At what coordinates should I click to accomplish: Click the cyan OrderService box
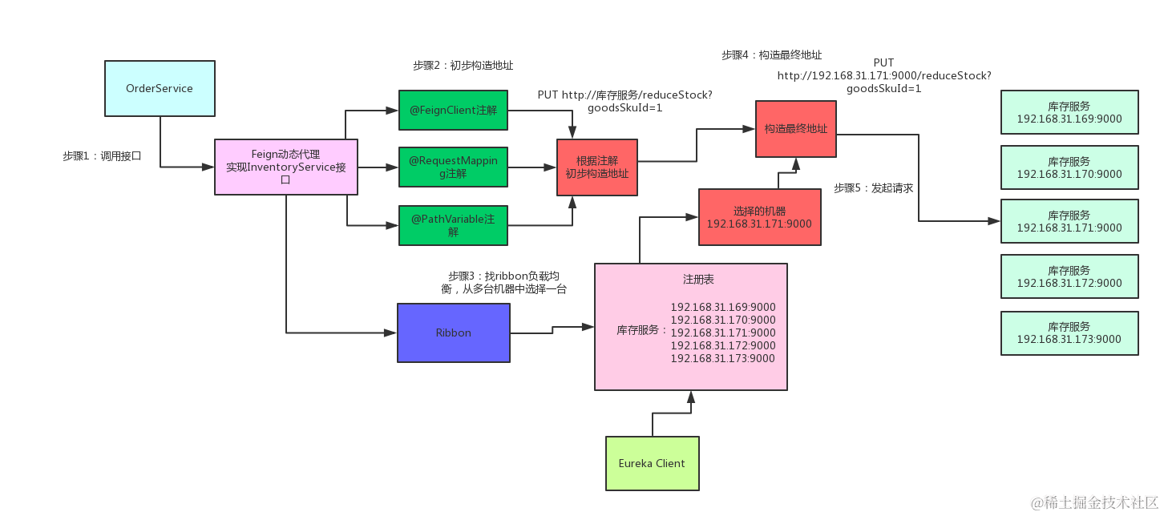pos(160,88)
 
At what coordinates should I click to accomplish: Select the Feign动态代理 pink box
pos(286,167)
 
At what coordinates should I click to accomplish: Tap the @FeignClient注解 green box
pos(453,110)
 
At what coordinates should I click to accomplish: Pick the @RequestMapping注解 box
pos(453,167)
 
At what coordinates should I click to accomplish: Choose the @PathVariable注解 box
pos(453,225)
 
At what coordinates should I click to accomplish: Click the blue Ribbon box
pos(453,333)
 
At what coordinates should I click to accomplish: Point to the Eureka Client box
pos(652,463)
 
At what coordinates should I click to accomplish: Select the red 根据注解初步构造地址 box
pos(597,167)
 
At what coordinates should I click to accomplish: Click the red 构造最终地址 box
pos(795,128)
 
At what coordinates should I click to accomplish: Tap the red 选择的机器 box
pos(759,217)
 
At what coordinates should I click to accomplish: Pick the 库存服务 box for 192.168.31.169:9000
pos(1069,112)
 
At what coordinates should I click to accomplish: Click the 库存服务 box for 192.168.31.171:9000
pos(1069,222)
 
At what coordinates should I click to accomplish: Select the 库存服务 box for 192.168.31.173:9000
pos(1069,333)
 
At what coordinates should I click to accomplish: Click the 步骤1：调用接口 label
pos(102,156)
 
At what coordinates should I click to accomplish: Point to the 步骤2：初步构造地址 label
pos(463,66)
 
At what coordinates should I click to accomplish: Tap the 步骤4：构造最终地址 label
pos(771,55)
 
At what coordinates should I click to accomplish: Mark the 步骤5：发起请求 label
pos(873,188)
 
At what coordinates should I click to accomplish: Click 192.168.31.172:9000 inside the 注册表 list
pos(723,345)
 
